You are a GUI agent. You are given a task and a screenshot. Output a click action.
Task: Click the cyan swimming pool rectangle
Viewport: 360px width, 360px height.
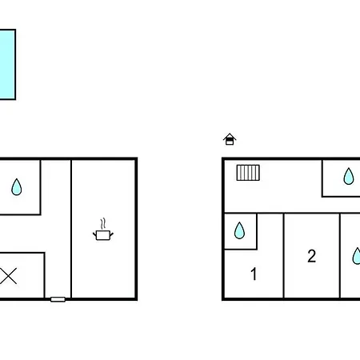tap(7, 64)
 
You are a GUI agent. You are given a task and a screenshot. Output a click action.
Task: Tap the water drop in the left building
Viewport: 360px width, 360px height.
tap(17, 187)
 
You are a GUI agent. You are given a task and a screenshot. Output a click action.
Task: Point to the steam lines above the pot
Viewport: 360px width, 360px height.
tap(103, 223)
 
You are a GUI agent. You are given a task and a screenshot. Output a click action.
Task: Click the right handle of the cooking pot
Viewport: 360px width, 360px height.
tap(111, 234)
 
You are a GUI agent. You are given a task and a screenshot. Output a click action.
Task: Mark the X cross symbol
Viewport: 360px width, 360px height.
tap(8, 276)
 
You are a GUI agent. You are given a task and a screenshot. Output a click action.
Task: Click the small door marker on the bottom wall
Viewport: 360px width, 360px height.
tap(58, 299)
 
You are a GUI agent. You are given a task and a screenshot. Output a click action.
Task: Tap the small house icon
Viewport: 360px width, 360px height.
tap(230, 139)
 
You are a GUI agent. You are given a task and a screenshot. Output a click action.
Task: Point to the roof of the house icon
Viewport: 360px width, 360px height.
tap(230, 136)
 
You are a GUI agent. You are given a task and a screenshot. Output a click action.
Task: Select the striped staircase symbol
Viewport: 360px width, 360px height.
tap(248, 173)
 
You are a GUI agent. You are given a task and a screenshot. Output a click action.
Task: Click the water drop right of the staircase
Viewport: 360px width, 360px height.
tap(349, 176)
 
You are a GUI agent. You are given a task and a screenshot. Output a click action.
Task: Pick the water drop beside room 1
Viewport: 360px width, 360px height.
tap(239, 230)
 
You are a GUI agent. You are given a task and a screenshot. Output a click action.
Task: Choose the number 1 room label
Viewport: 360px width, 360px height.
tap(254, 274)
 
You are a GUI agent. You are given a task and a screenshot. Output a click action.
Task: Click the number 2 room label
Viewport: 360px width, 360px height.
tap(312, 256)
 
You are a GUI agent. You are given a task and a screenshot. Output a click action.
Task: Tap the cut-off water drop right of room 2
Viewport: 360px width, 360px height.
tap(356, 256)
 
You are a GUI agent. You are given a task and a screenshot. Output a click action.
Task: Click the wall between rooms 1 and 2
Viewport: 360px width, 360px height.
tap(284, 255)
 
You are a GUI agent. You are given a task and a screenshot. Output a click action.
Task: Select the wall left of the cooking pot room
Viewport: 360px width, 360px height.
tap(71, 229)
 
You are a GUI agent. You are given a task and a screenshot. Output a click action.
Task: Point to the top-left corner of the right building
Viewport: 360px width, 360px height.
tap(223, 158)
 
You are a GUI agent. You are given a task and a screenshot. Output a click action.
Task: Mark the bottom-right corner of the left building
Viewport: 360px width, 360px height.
tap(136, 299)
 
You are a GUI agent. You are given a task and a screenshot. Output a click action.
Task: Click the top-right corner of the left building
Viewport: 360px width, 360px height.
tap(136, 158)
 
